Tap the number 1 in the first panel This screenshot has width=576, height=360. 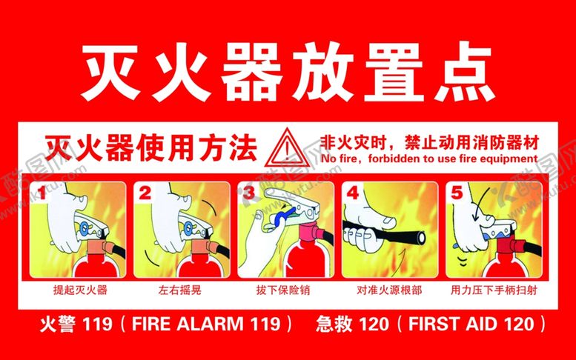(42, 193)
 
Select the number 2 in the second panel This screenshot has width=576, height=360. (145, 193)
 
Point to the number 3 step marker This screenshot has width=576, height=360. (248, 193)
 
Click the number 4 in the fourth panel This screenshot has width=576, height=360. (353, 193)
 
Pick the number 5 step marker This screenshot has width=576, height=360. (457, 193)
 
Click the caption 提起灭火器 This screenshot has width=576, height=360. (80, 290)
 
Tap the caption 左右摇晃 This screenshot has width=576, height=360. (180, 290)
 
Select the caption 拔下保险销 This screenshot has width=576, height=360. (283, 290)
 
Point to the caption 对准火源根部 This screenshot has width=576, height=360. (389, 290)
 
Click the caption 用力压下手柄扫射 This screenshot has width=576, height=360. (494, 290)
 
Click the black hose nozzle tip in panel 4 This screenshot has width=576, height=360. (421, 238)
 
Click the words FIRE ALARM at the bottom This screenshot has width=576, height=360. (188, 324)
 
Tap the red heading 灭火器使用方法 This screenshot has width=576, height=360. (150, 149)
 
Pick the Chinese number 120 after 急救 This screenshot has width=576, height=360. (373, 324)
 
